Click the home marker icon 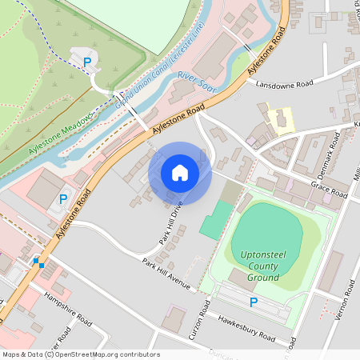point(179,173)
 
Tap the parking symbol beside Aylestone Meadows point(86,62)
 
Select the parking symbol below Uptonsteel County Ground point(254,302)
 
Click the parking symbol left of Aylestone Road point(63,198)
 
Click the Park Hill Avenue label point(167,274)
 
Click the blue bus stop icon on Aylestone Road point(37,262)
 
